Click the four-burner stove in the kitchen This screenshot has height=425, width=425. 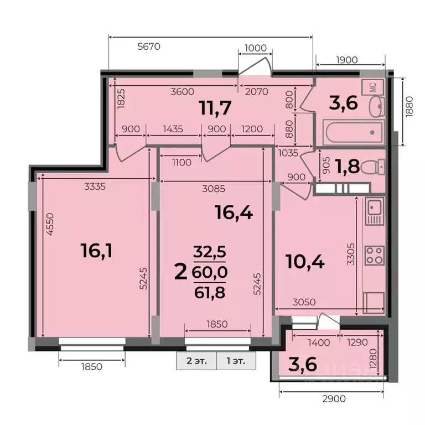374,256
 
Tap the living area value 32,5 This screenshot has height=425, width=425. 209,252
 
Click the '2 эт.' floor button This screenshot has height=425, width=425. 196,360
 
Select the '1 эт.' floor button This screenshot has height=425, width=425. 236,360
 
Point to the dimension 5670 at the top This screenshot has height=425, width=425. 148,46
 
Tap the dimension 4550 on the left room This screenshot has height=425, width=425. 50,225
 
